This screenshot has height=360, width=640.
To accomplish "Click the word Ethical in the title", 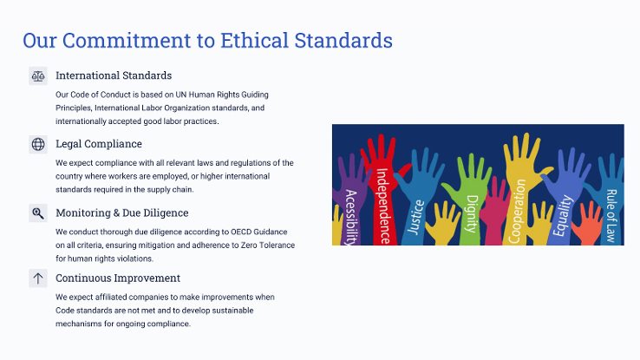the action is (x=254, y=40).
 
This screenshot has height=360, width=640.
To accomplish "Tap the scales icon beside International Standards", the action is (x=38, y=76).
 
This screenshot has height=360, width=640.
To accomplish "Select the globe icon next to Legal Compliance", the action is (x=38, y=144).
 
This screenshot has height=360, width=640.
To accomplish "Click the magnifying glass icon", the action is (x=38, y=213).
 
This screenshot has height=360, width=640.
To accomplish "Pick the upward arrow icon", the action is (x=38, y=278).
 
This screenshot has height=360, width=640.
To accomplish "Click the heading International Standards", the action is (x=114, y=75).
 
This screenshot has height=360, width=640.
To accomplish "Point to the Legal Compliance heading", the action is (x=99, y=144).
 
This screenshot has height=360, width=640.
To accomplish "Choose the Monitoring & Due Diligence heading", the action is (x=122, y=213).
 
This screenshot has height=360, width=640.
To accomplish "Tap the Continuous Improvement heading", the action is (x=118, y=278).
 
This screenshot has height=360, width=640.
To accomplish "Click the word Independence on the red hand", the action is (x=382, y=206).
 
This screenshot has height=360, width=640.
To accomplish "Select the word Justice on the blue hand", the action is (x=417, y=217).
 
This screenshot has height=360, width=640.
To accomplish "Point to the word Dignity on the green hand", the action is (x=472, y=214).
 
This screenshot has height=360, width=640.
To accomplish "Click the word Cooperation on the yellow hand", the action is (x=517, y=211).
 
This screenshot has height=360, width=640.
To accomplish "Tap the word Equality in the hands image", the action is (x=563, y=215).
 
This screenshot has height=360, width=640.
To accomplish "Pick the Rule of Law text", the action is (x=611, y=216).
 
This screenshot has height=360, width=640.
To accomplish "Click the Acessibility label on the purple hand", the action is (x=350, y=218).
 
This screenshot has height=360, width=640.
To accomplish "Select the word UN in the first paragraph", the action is (x=181, y=95).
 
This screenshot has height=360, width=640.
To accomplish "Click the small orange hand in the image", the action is (x=588, y=226).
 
